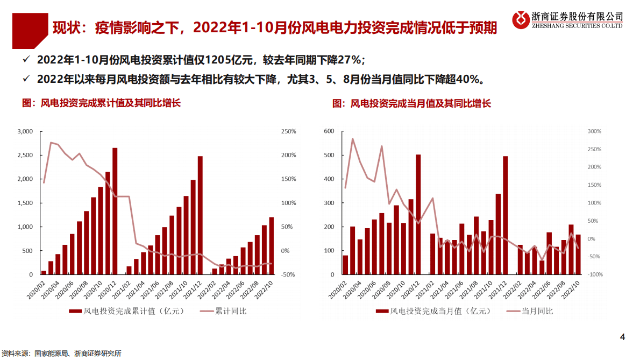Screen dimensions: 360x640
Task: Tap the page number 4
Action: [623, 337]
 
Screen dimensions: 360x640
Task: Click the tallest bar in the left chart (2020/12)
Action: [115, 211]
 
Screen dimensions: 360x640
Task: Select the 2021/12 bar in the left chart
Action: [200, 215]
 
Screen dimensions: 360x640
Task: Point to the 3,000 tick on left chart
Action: [25, 131]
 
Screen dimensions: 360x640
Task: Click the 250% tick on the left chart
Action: [288, 131]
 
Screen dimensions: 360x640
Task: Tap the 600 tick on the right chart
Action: [329, 131]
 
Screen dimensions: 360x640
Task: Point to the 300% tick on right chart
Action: [594, 131]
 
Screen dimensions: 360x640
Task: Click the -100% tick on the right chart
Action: [594, 274]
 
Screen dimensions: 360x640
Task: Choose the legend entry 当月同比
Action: [536, 311]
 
